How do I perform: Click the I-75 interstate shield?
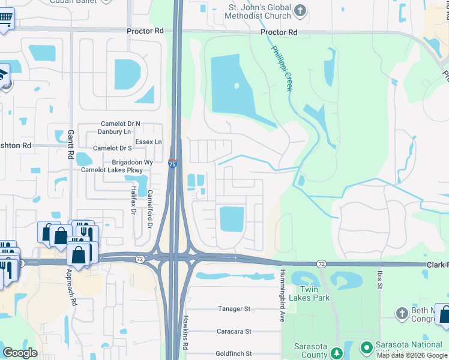(x=172, y=163)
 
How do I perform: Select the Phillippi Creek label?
(x=282, y=68)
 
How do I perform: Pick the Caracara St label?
(x=233, y=331)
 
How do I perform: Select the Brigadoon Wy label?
(x=133, y=162)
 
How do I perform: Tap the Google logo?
(x=20, y=353)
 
